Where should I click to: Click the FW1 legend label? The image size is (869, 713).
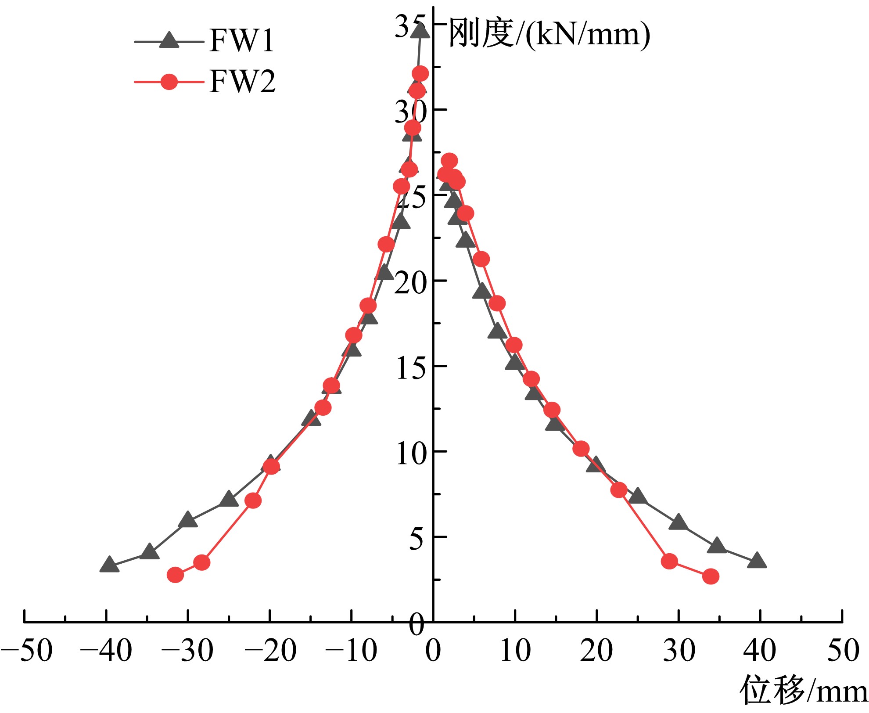242,41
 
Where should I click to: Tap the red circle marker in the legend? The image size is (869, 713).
169,82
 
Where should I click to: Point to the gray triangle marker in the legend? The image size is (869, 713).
169,40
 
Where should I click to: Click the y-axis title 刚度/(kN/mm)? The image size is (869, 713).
549,34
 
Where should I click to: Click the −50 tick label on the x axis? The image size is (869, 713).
26,651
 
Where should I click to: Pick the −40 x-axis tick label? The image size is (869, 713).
106,651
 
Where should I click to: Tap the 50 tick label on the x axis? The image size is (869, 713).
843,651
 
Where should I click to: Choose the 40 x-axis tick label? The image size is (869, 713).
760,651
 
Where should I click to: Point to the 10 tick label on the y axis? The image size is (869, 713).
411,453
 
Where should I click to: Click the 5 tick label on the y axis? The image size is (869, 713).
417,538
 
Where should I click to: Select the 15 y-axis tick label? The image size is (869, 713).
411,368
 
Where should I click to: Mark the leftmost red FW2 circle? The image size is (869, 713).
176,575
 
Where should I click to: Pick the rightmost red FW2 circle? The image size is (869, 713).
711,576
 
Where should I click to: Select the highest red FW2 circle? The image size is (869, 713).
420,74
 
